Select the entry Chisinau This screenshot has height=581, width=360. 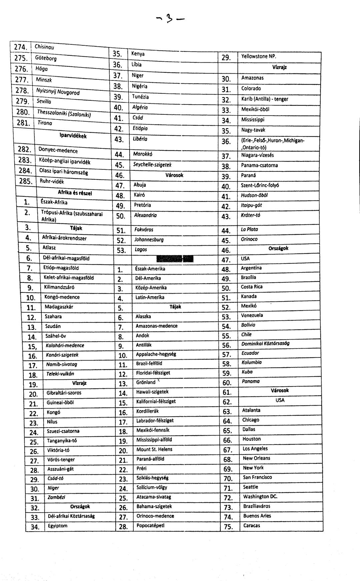tap(44, 47)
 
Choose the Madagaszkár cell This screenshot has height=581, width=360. tap(59, 307)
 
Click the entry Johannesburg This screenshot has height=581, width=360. tap(149, 239)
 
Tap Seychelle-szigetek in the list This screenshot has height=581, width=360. tap(152, 165)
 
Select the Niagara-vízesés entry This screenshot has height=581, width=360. tap(257, 155)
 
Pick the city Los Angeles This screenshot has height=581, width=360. tap(255, 449)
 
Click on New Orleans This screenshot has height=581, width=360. tap(256, 458)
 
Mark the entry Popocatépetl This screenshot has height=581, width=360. tap(150, 526)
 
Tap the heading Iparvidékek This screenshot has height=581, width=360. tap(73, 136)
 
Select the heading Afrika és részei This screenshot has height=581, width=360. tap(75, 193)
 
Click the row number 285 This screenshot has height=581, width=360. tap(25, 181)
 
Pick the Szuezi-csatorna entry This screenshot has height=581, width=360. tap(63, 431)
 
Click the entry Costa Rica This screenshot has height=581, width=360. tap(252, 287)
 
